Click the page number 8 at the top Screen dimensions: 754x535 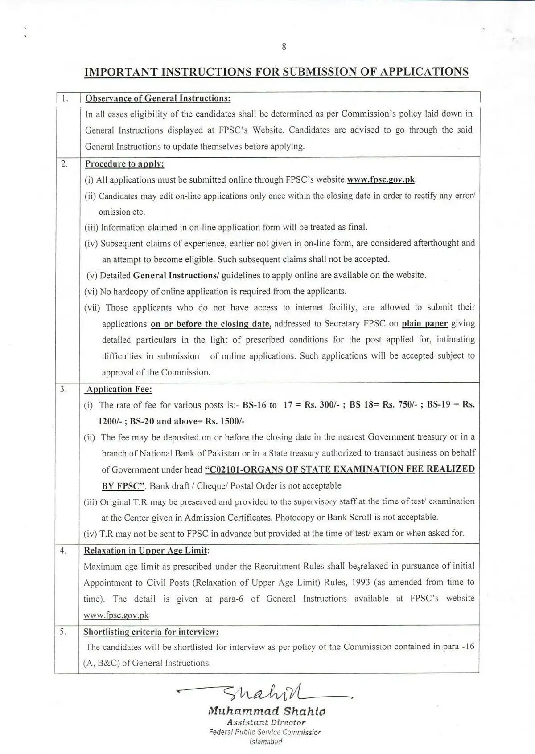click(284, 47)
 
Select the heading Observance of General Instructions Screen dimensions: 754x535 click(158, 98)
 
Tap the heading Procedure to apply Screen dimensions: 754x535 click(125, 164)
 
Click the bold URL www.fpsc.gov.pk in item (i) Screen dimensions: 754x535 click(381, 180)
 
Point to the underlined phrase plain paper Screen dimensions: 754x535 click(424, 324)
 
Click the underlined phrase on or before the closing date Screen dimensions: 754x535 click(210, 324)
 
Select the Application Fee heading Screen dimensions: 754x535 click(119, 390)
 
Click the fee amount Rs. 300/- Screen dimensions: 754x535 click(321, 405)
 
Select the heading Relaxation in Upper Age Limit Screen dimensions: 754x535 click(146, 551)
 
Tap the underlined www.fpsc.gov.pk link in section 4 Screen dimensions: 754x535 click(116, 615)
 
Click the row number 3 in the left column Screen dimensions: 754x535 click(63, 389)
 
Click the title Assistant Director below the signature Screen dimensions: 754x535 click(266, 723)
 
